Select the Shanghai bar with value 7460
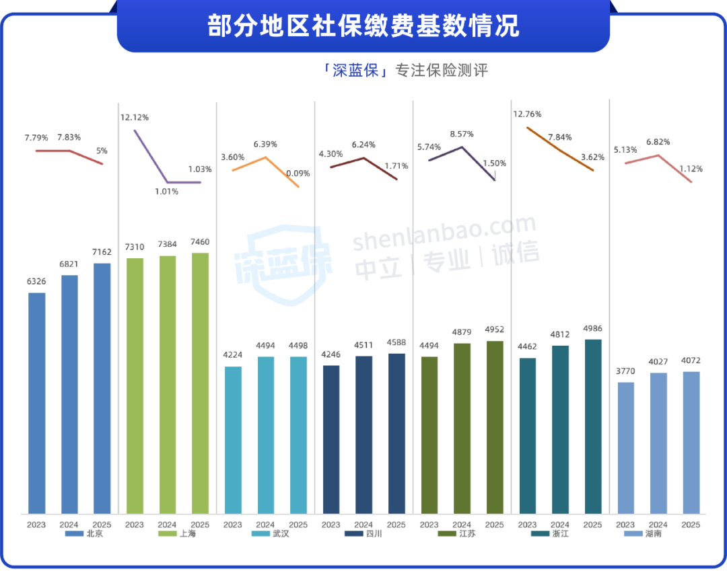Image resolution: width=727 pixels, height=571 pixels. (x=200, y=383)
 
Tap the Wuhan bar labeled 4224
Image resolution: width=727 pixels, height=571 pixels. (x=233, y=440)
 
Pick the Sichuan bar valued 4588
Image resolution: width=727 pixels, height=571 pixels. (x=396, y=433)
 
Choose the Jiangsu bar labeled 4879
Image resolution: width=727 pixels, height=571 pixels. (x=462, y=428)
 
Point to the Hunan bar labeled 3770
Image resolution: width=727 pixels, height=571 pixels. (x=625, y=447)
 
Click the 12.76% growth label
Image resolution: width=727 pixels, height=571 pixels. (x=527, y=114)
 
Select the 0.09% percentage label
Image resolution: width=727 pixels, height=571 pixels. (x=298, y=173)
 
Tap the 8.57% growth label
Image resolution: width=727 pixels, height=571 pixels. (x=462, y=134)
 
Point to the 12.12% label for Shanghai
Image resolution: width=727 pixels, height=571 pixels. (x=135, y=118)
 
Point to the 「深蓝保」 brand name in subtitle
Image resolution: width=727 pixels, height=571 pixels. (x=356, y=71)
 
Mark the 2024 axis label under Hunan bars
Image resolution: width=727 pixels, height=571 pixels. (x=658, y=525)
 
